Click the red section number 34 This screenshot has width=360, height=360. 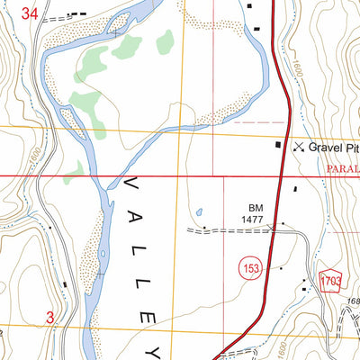tap(31, 13)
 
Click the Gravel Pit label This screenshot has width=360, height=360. tap(333, 146)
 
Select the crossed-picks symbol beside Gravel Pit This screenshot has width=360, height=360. tap(298, 146)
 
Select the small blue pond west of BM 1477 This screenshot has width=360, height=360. tap(197, 212)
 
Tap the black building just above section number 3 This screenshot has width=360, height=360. tap(65, 286)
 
